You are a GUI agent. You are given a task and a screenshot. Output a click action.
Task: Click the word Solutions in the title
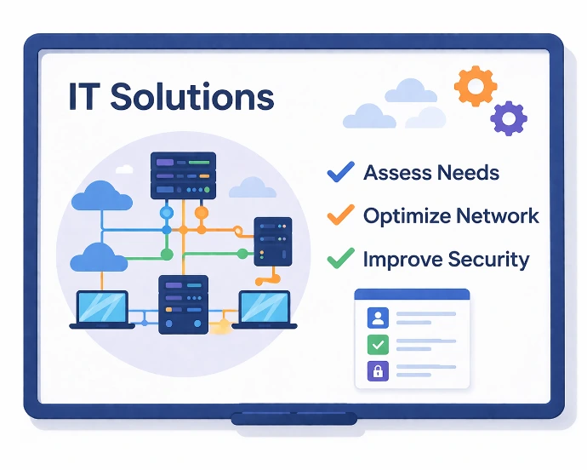tap(192, 96)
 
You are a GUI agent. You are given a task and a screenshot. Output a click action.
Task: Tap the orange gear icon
tap(476, 86)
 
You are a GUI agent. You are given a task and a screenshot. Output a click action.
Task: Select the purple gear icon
tap(509, 118)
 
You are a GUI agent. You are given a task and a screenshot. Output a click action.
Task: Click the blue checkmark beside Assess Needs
tap(340, 172)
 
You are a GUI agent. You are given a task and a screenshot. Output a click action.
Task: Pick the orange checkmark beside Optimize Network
tap(340, 215)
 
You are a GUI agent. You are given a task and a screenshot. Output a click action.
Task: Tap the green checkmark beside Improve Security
tap(340, 258)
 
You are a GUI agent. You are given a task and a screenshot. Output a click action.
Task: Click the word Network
tap(498, 215)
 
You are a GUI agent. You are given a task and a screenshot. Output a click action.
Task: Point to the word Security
tap(488, 260)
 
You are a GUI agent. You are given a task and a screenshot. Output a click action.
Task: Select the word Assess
tap(397, 173)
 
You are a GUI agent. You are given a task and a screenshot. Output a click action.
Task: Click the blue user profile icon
tap(378, 318)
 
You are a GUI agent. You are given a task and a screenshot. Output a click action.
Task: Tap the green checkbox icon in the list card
tap(378, 345)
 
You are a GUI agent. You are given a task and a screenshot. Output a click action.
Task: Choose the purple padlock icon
tap(378, 371)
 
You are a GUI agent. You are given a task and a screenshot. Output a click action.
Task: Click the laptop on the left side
tap(102, 310)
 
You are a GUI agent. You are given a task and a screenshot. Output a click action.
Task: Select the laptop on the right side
tap(265, 310)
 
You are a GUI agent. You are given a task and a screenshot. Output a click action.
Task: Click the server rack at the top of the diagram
tap(183, 175)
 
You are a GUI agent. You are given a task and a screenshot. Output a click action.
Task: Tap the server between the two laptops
tap(184, 304)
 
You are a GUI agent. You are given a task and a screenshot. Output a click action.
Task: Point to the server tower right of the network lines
tap(273, 242)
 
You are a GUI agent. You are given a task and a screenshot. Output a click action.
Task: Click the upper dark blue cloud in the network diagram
tap(102, 196)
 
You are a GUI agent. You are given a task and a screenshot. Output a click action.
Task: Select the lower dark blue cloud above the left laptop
tap(100, 257)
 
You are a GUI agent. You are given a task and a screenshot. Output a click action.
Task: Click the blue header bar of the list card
tap(412, 295)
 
